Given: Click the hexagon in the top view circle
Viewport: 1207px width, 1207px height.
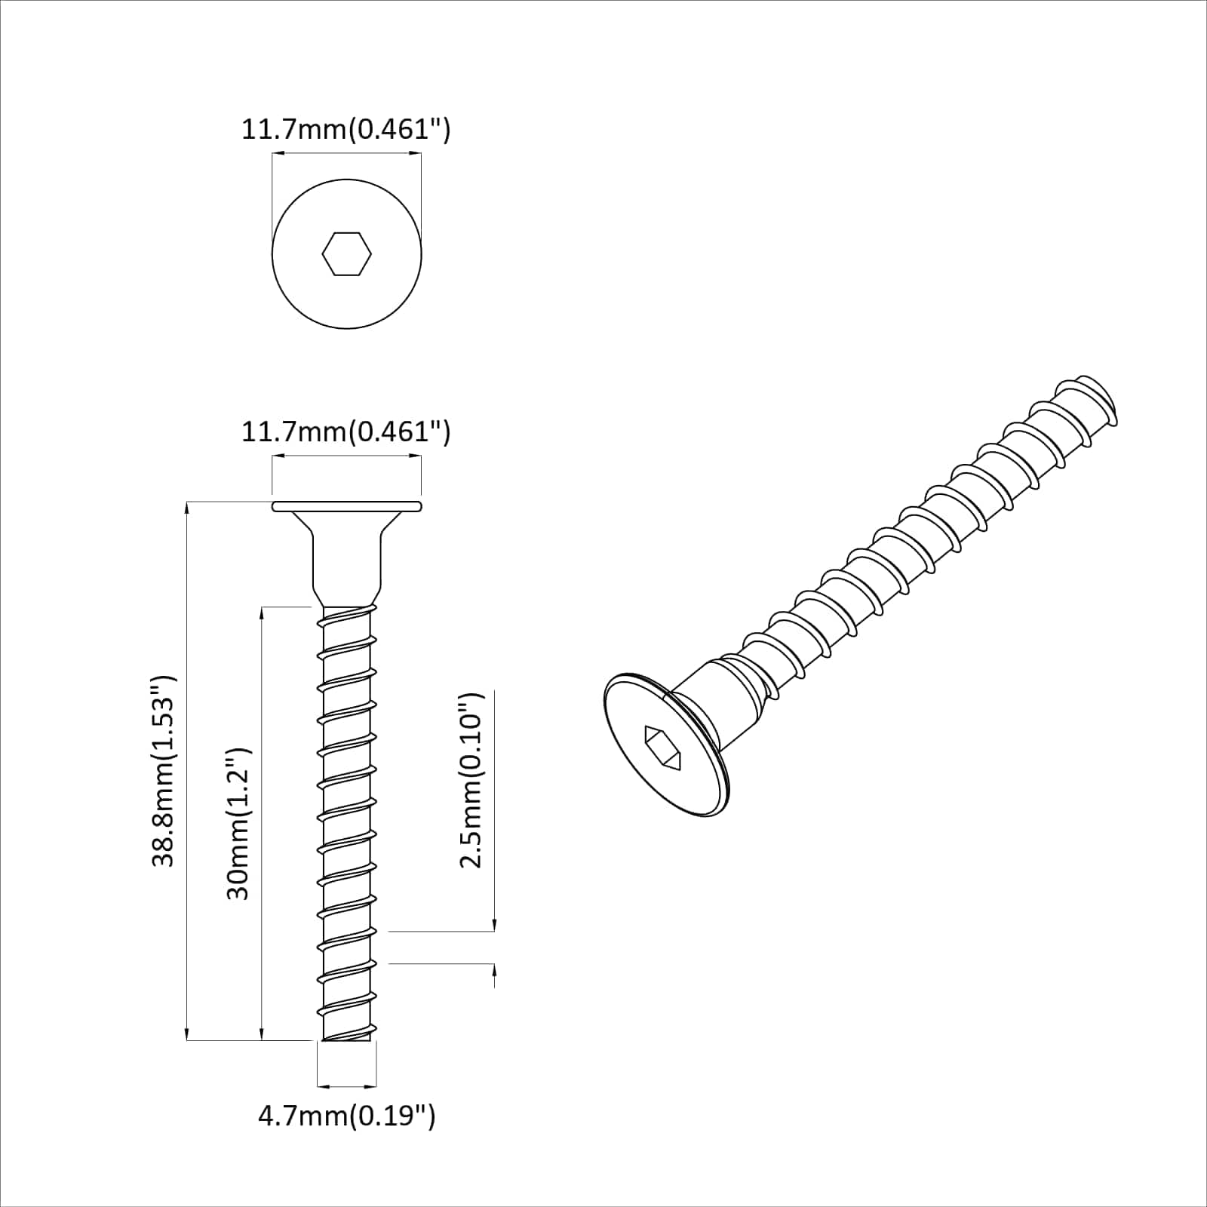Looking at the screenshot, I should (x=346, y=254).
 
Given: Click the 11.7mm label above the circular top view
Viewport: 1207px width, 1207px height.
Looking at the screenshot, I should (x=346, y=129).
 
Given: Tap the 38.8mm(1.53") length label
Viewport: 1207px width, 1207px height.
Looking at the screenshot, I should (x=164, y=770).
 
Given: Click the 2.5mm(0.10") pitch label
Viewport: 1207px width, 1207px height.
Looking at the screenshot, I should (x=471, y=780).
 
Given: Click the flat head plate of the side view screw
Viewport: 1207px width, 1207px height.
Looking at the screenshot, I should (x=346, y=505).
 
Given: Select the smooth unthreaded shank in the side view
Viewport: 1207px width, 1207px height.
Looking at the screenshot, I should (x=346, y=566).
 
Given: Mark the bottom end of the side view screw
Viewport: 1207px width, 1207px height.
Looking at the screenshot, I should (x=346, y=1039).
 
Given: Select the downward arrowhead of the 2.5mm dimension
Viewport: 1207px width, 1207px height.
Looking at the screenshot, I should (x=494, y=926).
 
